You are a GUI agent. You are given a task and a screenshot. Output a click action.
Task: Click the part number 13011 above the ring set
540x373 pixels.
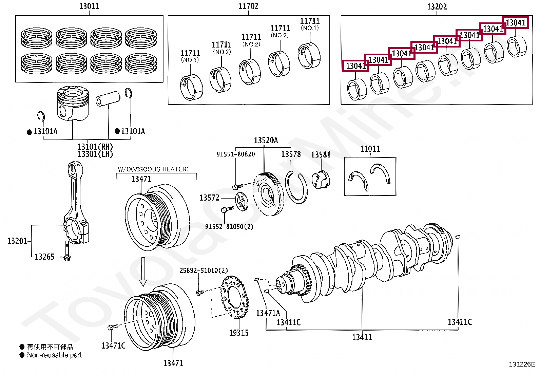[x=89, y=6]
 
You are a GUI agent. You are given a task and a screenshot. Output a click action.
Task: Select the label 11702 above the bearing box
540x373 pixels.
[x=248, y=6]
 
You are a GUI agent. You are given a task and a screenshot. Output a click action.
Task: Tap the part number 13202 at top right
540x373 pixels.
[x=437, y=7]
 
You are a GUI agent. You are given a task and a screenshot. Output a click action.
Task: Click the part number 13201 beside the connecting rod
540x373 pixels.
[x=17, y=241]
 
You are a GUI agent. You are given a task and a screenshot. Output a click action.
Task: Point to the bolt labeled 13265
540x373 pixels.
[x=67, y=251]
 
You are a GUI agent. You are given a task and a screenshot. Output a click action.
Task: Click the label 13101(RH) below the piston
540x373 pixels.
[x=95, y=147]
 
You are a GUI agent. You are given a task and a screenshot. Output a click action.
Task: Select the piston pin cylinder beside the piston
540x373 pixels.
[x=108, y=98]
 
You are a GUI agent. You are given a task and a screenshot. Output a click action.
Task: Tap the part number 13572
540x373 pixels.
[x=209, y=198]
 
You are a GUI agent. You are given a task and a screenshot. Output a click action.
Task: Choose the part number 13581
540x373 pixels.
[x=321, y=155]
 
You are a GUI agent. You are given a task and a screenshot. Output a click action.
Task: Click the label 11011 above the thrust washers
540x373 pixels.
[x=370, y=149]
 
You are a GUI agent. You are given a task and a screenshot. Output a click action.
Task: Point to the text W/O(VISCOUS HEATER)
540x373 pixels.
[x=153, y=169]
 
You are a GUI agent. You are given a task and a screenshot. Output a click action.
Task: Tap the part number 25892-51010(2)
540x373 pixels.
[x=204, y=271]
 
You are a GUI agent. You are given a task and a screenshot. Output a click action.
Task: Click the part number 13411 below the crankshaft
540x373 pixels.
[x=362, y=337]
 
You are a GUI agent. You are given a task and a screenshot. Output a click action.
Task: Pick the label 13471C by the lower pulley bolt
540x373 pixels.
[x=113, y=346]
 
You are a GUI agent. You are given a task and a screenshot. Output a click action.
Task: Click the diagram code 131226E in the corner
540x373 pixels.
[x=522, y=365]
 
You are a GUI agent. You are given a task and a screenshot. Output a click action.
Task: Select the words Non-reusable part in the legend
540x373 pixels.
[x=54, y=355]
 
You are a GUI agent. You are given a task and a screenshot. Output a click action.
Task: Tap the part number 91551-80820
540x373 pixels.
[x=235, y=154]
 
